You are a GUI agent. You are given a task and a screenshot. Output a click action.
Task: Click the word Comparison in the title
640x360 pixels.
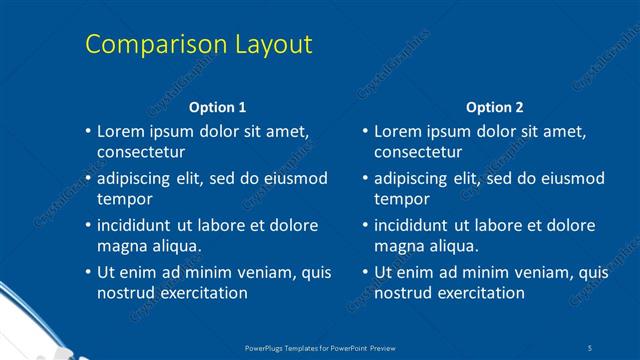tap(143, 45)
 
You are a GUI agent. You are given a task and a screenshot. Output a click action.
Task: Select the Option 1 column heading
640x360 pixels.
tap(217, 107)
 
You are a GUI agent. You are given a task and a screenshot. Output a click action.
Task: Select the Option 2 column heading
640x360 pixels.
tap(494, 107)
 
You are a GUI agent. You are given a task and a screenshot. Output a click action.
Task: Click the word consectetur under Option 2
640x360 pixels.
tap(418, 153)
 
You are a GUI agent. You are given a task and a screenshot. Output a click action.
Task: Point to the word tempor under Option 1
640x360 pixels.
tap(122, 199)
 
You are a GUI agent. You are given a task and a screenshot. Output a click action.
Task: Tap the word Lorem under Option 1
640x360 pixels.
tap(120, 132)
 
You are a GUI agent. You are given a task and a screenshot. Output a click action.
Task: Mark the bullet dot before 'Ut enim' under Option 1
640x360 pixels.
tap(88, 271)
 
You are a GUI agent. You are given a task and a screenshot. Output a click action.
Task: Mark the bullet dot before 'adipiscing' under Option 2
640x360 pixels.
tap(365, 178)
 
